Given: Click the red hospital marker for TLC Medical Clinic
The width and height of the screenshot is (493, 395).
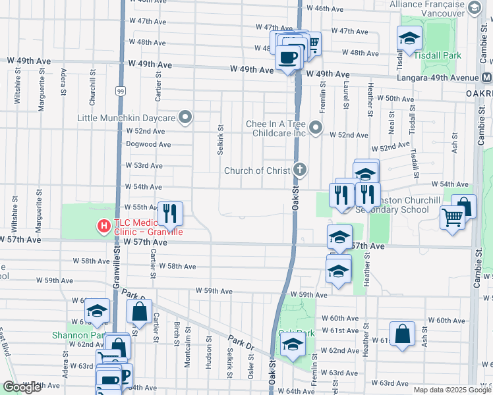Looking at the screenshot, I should click(x=103, y=226).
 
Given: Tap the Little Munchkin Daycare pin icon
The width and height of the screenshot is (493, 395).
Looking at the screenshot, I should click(x=186, y=118).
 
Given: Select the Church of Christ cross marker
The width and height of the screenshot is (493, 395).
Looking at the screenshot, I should click(x=300, y=171).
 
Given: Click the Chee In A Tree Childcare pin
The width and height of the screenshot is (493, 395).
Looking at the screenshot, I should click(x=316, y=127).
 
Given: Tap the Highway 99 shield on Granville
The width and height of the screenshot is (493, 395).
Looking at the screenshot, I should click(x=120, y=90).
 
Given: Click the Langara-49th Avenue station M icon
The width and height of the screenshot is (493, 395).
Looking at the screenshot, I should click(x=486, y=78).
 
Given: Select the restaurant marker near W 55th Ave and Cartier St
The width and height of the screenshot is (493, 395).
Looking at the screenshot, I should click(x=170, y=213).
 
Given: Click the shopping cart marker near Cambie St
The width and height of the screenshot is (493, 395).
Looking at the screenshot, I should click(x=453, y=217).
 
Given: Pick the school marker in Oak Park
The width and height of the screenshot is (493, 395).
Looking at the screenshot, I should click(x=293, y=345).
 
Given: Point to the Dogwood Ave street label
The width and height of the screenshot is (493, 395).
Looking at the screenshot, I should click(x=148, y=145).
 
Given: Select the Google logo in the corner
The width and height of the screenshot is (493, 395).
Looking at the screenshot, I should click(x=22, y=387).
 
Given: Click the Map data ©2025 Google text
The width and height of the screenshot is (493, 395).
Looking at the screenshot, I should click(x=451, y=390).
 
